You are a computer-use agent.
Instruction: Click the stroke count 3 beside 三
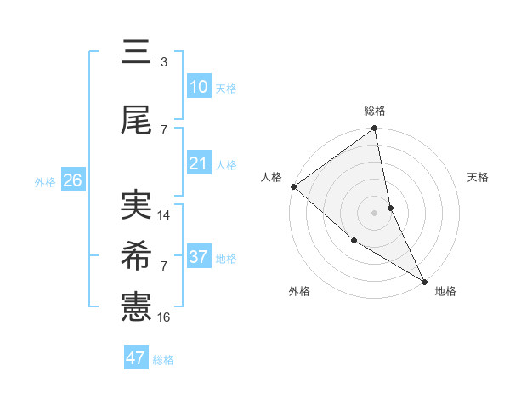[163, 62]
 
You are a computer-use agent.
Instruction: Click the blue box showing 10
[199, 87]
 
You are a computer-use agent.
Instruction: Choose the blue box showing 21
[199, 163]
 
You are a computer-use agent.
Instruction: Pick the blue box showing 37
[199, 257]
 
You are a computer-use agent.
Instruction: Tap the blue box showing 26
[72, 180]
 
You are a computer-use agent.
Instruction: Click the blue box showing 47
[136, 358]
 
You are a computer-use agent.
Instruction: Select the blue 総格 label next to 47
[163, 360]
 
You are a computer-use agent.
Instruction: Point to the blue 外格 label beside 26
[45, 182]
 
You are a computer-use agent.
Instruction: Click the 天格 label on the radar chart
[479, 177]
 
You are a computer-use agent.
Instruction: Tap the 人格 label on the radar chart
[272, 177]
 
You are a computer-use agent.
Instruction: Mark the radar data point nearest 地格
[423, 280]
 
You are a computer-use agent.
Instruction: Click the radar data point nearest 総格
[375, 129]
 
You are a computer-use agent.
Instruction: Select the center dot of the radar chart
[375, 212]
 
